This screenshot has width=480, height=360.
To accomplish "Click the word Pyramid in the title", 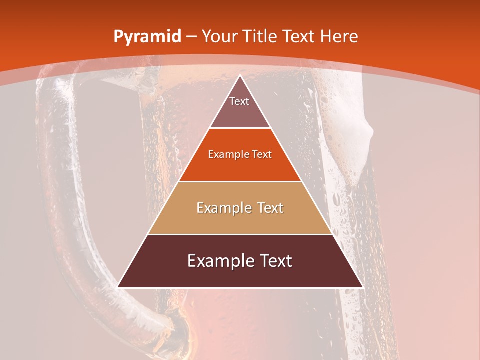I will coord(147,37).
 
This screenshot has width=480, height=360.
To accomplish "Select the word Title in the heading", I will coord(260,37).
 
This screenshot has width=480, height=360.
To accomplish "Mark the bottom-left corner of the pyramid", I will coord(118,287).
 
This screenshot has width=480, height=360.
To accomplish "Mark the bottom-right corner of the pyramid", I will coord(363,287).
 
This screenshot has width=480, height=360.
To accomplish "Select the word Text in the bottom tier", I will coord(274,261).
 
